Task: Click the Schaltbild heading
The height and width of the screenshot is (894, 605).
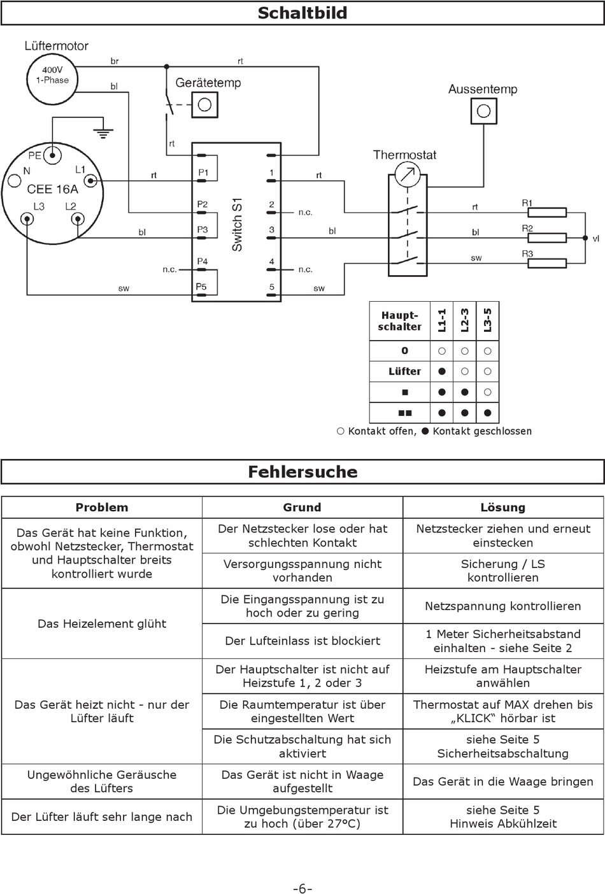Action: tap(302, 13)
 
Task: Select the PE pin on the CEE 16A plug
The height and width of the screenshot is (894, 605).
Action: tap(52, 155)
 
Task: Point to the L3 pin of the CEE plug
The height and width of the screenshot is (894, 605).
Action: tap(27, 219)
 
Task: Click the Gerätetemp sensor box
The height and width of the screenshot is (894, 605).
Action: tap(204, 105)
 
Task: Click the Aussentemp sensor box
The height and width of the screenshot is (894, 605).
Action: tap(483, 111)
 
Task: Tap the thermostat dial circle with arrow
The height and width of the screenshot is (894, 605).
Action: tap(408, 175)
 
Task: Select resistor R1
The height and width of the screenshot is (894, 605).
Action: tap(547, 212)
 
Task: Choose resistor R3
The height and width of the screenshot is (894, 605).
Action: tap(547, 264)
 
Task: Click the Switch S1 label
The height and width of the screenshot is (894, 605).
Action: tap(237, 224)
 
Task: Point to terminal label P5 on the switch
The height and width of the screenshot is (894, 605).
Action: tap(201, 287)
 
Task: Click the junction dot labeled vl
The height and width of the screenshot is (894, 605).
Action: tap(585, 238)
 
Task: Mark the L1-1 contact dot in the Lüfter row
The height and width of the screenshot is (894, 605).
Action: tap(442, 372)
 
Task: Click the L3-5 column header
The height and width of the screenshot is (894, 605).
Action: tap(487, 320)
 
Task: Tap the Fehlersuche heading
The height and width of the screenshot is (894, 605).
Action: tap(302, 472)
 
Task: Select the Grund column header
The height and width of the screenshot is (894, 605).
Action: tap(302, 507)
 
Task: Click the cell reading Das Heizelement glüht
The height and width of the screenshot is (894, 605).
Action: tap(102, 623)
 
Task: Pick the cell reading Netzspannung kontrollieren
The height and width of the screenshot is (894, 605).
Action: tap(503, 606)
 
